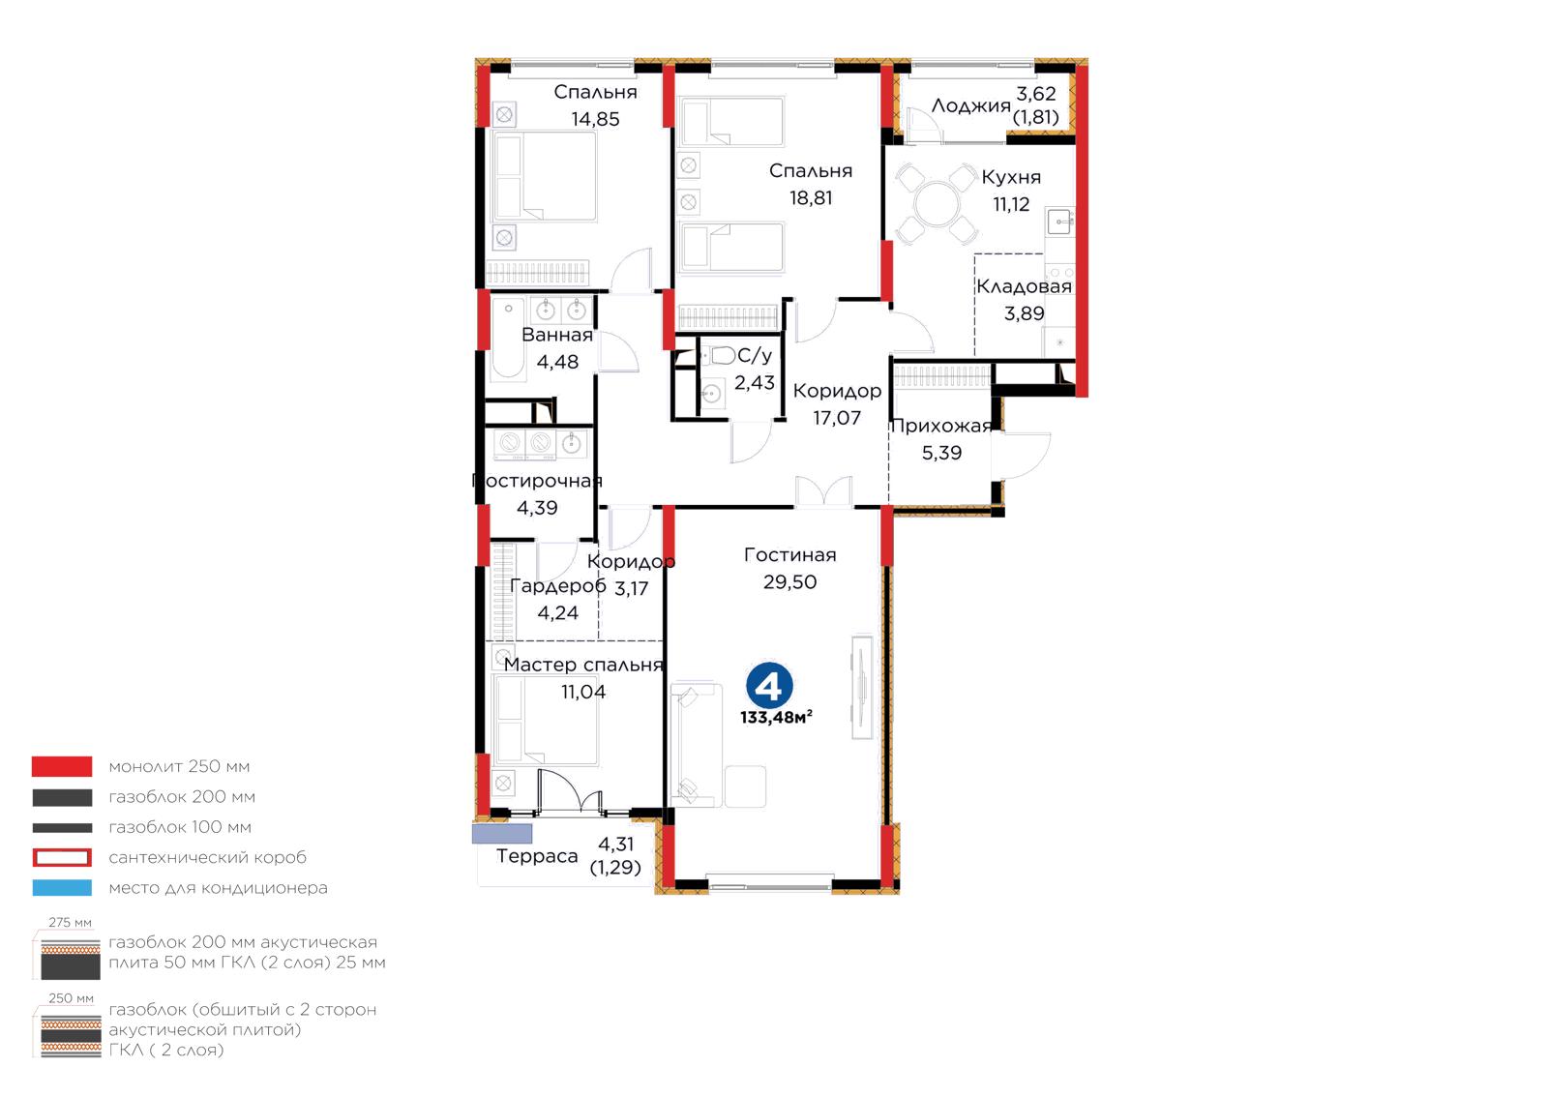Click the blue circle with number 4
click(x=769, y=685)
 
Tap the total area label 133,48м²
click(x=776, y=718)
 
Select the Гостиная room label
click(x=789, y=554)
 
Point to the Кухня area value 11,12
click(x=1011, y=204)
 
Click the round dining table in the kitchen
click(x=937, y=204)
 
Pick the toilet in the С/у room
click(x=722, y=356)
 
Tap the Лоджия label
click(x=971, y=105)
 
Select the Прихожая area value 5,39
click(x=941, y=453)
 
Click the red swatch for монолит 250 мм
click(x=62, y=766)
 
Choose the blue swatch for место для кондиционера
click(x=62, y=888)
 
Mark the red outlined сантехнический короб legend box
click(x=62, y=857)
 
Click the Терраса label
click(x=537, y=856)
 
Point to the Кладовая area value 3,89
click(x=1025, y=313)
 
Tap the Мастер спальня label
click(x=583, y=665)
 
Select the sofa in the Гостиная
click(x=697, y=746)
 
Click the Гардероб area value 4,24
click(x=557, y=612)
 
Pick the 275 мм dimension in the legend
click(x=70, y=923)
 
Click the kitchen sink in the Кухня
click(x=1059, y=222)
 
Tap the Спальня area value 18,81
click(x=811, y=198)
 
